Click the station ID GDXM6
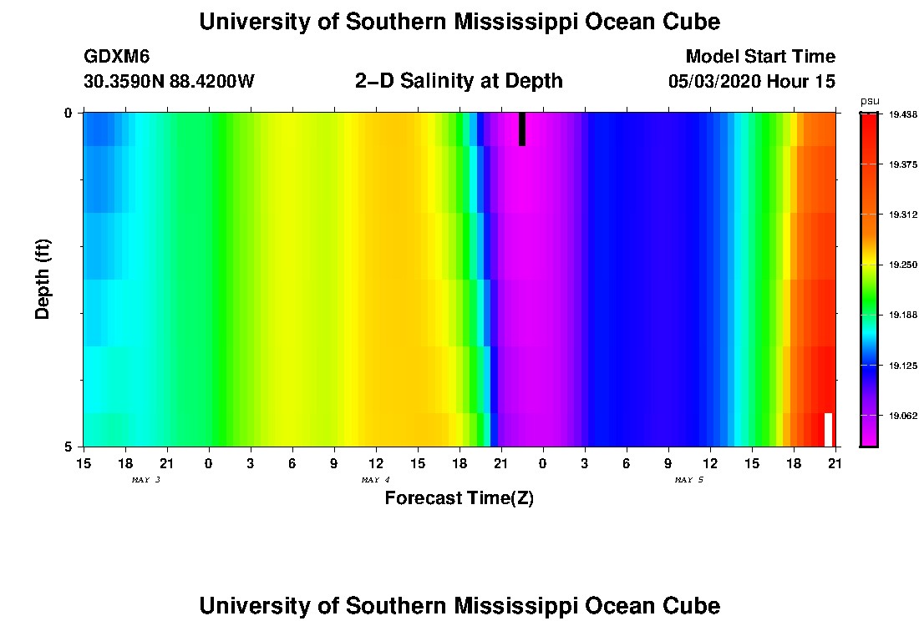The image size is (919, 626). pyautogui.click(x=117, y=57)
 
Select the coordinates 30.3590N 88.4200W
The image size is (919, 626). pyautogui.click(x=169, y=82)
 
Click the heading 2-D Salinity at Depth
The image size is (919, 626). pyautogui.click(x=459, y=81)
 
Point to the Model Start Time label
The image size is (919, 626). pyautogui.click(x=759, y=57)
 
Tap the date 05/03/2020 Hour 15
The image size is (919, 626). pyautogui.click(x=751, y=82)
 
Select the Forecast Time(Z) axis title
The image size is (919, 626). pyautogui.click(x=459, y=498)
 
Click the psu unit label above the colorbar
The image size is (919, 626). pyautogui.click(x=869, y=101)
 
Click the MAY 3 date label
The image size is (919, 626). pyautogui.click(x=145, y=480)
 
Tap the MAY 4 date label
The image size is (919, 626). pyautogui.click(x=375, y=480)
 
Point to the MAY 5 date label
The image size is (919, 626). pyautogui.click(x=688, y=480)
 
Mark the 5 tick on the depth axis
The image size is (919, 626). pyautogui.click(x=69, y=447)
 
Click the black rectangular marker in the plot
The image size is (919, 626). pyautogui.click(x=522, y=129)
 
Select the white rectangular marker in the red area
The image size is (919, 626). pyautogui.click(x=829, y=429)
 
